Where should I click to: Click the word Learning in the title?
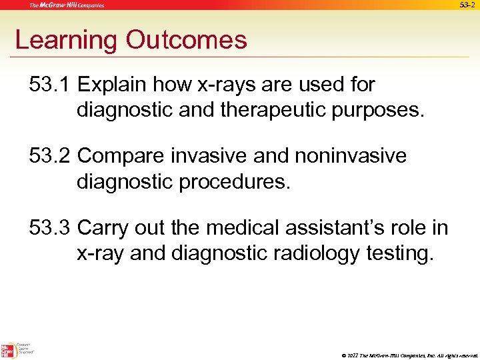pyautogui.click(x=67, y=41)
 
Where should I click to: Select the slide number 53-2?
pyautogui.click(x=468, y=5)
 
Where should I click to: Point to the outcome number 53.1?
pyautogui.click(x=50, y=85)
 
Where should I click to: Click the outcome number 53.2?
pyautogui.click(x=50, y=157)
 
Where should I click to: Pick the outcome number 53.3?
pyautogui.click(x=50, y=229)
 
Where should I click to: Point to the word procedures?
pyautogui.click(x=233, y=181)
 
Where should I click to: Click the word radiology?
pyautogui.click(x=309, y=253)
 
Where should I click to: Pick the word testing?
pyautogui.click(x=399, y=253)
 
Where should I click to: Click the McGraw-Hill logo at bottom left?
pyautogui.click(x=9, y=351)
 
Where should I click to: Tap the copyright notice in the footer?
pyautogui.click(x=407, y=354)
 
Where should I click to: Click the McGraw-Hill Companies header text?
pyautogui.click(x=66, y=5)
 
